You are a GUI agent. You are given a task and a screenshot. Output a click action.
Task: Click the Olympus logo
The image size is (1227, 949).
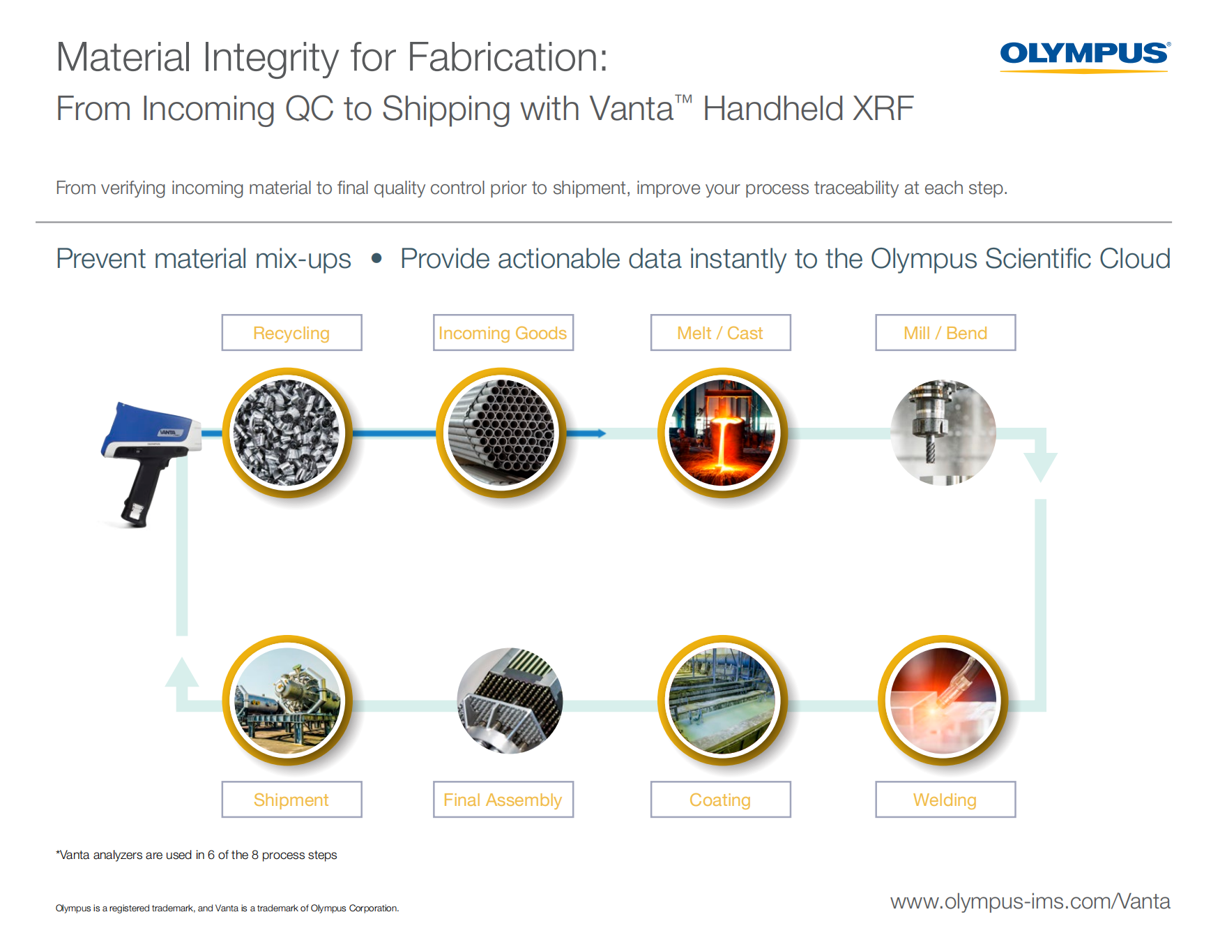tap(1085, 57)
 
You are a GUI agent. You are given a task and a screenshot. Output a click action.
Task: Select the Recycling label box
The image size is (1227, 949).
tap(291, 333)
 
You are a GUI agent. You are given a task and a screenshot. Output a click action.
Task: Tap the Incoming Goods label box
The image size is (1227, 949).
tap(503, 333)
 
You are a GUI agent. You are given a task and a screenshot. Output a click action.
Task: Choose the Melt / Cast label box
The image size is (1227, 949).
tap(720, 333)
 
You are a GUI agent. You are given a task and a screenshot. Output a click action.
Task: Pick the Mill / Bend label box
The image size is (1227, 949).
tap(945, 333)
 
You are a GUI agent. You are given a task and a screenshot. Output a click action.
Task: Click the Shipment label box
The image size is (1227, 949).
tap(291, 800)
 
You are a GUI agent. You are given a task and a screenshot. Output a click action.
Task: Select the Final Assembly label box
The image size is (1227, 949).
tap(503, 800)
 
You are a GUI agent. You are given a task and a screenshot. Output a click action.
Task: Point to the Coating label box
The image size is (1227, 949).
tap(720, 800)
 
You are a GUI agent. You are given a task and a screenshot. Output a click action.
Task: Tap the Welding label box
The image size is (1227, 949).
tap(945, 800)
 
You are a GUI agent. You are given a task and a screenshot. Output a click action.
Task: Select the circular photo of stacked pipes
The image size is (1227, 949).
tap(501, 433)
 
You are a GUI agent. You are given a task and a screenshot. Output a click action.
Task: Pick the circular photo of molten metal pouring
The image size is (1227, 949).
tap(722, 433)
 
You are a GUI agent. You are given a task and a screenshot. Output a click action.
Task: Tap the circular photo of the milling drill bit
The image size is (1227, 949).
tap(943, 433)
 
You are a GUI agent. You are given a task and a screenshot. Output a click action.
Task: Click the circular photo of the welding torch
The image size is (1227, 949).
tap(943, 701)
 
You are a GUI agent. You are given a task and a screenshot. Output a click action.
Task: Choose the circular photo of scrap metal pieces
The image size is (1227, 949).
tap(287, 433)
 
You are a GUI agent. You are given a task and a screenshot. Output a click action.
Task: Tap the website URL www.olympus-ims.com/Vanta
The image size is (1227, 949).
tap(1030, 901)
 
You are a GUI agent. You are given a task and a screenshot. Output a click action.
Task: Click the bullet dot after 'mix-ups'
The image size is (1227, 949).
tap(376, 258)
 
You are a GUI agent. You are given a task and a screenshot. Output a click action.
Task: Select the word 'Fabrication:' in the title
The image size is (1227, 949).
tap(507, 57)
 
